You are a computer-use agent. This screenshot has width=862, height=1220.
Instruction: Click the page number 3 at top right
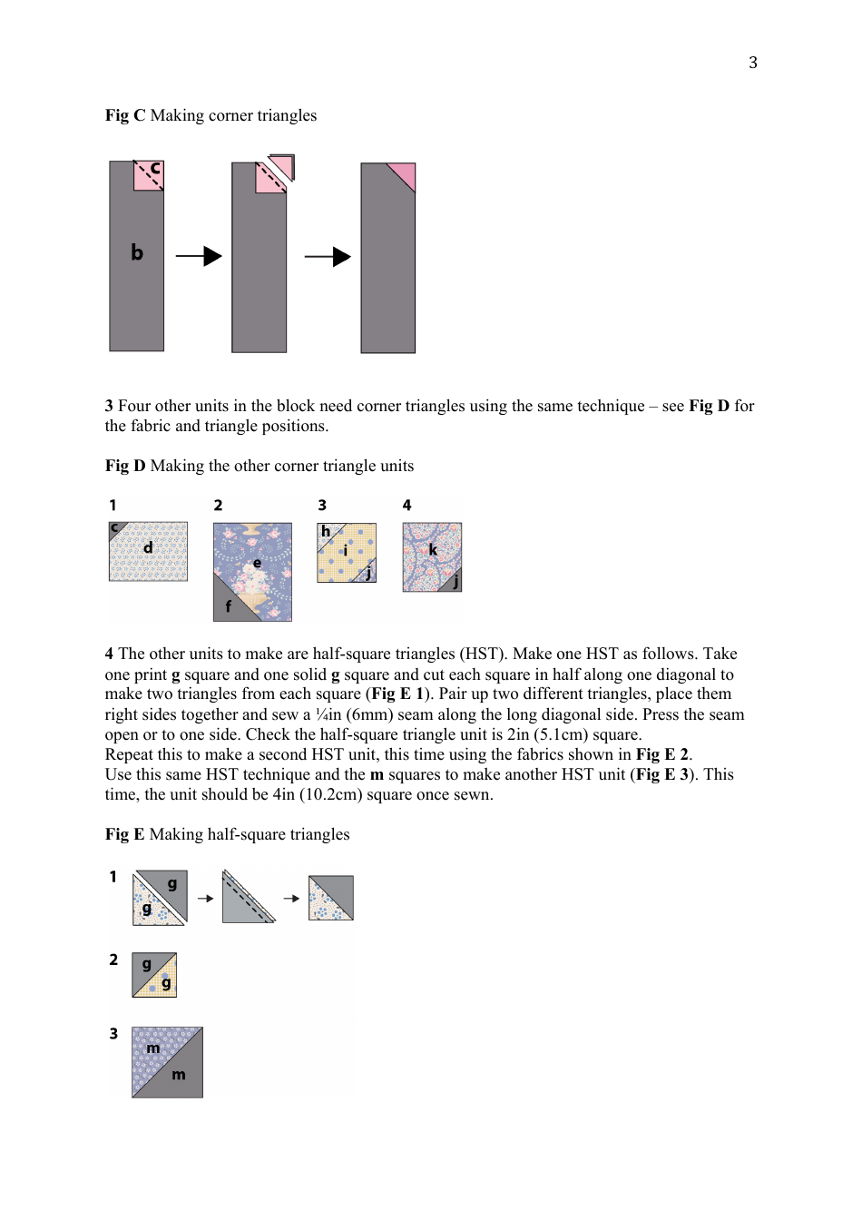tap(752, 63)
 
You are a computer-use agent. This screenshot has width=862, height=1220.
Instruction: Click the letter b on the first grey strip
tap(137, 252)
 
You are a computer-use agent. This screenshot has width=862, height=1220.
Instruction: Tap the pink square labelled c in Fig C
tap(150, 175)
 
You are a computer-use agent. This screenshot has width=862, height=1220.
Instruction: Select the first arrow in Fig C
tap(199, 256)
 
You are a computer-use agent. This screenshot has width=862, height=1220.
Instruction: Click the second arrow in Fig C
tap(328, 257)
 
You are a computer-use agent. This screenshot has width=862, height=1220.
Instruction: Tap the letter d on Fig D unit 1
tap(148, 547)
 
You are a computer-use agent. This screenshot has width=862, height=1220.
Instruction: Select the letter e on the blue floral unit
tap(257, 563)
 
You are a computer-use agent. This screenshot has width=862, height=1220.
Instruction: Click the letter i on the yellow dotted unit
tap(345, 551)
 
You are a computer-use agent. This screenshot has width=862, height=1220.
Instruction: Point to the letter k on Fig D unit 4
tap(433, 550)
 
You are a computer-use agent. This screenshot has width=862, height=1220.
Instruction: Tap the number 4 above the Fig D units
tap(407, 505)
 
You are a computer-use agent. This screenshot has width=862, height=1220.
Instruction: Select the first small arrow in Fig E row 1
tap(205, 899)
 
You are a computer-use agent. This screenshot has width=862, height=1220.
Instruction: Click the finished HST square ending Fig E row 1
tap(330, 898)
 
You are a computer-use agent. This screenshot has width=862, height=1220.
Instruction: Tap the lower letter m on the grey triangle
tap(179, 1075)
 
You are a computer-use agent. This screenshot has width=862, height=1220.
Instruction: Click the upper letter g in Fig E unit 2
tap(146, 964)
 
